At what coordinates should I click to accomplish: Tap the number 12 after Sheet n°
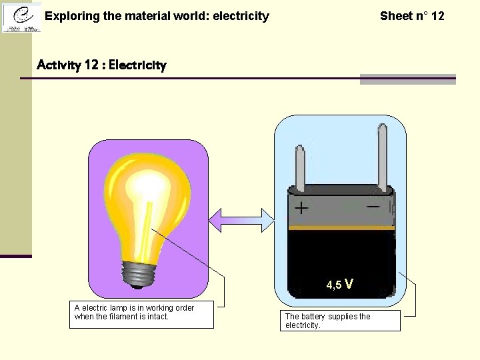click(x=437, y=16)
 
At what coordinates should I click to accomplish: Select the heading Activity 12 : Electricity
click(x=101, y=65)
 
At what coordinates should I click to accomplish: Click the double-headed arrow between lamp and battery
click(x=241, y=220)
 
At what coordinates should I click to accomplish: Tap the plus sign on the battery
click(x=301, y=209)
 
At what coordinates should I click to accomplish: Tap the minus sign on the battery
click(x=373, y=207)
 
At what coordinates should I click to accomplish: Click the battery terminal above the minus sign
click(x=382, y=157)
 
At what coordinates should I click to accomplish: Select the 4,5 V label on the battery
click(x=339, y=285)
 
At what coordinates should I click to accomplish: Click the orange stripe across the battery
click(x=341, y=228)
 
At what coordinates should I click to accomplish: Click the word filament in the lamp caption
click(x=121, y=317)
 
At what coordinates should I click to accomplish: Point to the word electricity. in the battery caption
click(x=303, y=325)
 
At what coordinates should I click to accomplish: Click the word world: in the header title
click(x=188, y=16)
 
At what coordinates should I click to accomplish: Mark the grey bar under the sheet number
click(x=407, y=80)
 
